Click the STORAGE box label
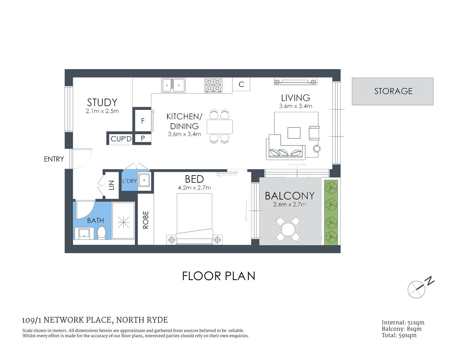click(393, 91)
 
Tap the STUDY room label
click(102, 102)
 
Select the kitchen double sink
click(173, 85)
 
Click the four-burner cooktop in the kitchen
click(213, 85)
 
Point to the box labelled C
click(241, 84)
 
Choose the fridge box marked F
click(143, 121)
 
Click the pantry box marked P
click(143, 138)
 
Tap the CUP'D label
click(121, 139)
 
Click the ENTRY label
click(54, 159)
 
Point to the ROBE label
click(146, 220)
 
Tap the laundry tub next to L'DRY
click(144, 180)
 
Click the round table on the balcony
click(288, 229)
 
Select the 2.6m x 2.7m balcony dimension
click(290, 205)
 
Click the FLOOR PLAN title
click(218, 276)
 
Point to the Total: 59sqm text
click(399, 335)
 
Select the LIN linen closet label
click(111, 185)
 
